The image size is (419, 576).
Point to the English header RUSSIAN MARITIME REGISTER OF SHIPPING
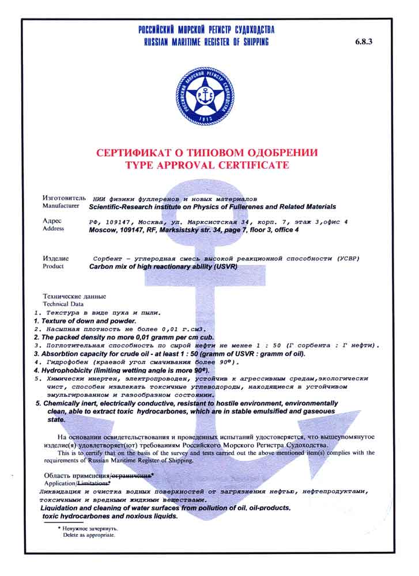click(x=206, y=42)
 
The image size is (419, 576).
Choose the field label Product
click(x=54, y=267)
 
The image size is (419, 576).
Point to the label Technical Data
click(x=63, y=304)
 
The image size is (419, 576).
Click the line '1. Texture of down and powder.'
click(x=85, y=320)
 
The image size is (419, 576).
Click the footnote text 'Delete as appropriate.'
click(x=89, y=535)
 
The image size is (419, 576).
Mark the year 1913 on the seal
click(x=205, y=118)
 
